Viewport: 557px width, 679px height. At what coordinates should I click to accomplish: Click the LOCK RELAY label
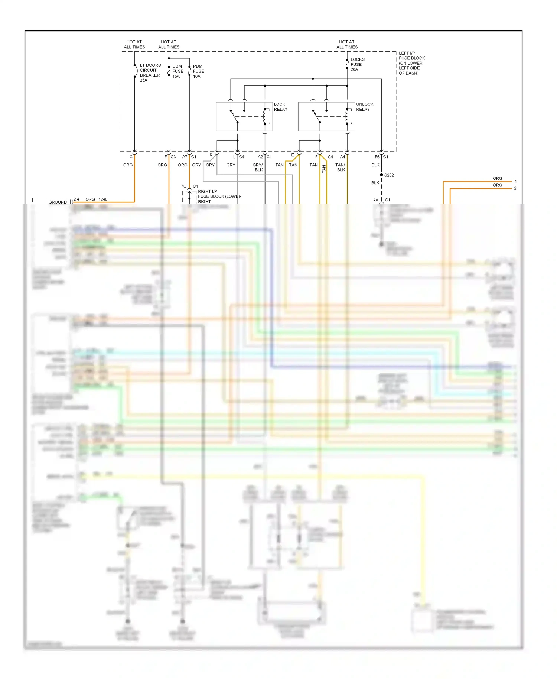(280, 107)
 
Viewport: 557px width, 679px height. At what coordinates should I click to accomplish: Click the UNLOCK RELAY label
(364, 107)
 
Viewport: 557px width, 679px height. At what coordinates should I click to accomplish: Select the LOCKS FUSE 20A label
(357, 64)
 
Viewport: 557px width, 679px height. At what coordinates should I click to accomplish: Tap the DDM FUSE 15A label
(177, 71)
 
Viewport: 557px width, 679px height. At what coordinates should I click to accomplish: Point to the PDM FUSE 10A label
(198, 71)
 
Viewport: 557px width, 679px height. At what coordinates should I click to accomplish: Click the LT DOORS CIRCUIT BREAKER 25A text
(150, 73)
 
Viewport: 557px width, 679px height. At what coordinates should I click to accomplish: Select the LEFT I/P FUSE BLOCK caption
(411, 63)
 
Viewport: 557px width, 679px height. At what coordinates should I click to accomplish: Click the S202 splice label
(389, 175)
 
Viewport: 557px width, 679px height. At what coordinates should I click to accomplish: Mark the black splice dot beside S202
(381, 175)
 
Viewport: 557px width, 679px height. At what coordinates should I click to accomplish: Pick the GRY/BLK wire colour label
(258, 168)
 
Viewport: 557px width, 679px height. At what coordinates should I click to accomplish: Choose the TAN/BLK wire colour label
(340, 168)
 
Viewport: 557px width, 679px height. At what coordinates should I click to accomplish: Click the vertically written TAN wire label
(324, 169)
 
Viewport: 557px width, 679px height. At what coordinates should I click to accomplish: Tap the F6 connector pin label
(377, 157)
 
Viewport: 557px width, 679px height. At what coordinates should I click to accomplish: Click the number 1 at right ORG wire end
(515, 182)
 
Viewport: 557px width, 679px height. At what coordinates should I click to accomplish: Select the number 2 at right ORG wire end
(515, 188)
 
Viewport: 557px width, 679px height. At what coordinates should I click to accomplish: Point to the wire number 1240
(103, 199)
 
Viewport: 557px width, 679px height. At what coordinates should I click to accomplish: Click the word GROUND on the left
(58, 202)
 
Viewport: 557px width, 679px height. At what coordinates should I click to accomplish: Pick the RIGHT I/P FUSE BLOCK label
(219, 196)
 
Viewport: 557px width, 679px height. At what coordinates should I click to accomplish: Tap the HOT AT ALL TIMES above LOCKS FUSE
(347, 45)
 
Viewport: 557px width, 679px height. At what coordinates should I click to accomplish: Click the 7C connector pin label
(183, 186)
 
